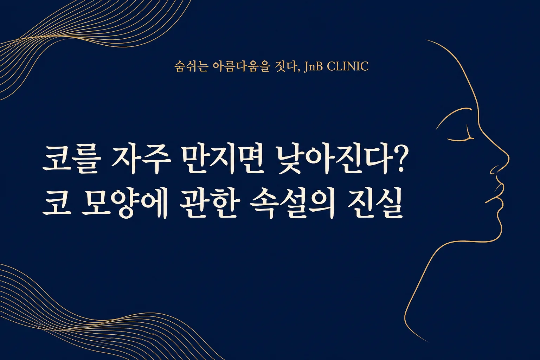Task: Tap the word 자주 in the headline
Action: pyautogui.click(x=141, y=159)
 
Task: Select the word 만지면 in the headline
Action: pyautogui.click(x=222, y=159)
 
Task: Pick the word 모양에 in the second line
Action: pyautogui.click(x=124, y=205)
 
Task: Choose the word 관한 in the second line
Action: pyautogui.click(x=210, y=205)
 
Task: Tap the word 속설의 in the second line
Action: pyautogui.click(x=292, y=205)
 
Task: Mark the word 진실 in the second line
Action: pyautogui.click(x=375, y=205)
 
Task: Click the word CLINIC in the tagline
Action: pyautogui.click(x=348, y=66)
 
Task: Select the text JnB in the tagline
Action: pyautogui.click(x=313, y=66)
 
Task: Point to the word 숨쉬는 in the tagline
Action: pyautogui.click(x=191, y=66)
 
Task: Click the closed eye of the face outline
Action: pyautogui.click(x=461, y=137)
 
